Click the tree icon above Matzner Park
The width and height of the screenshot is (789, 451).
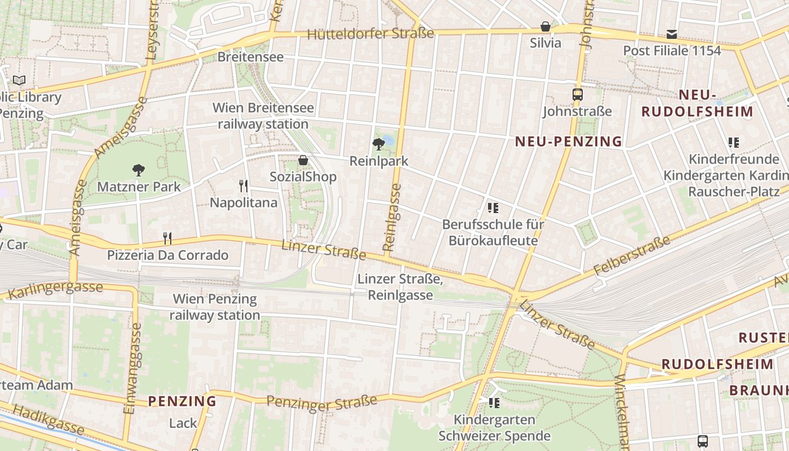click(x=138, y=170)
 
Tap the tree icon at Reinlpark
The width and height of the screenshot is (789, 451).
click(x=379, y=144)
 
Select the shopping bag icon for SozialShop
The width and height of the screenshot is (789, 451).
click(x=303, y=160)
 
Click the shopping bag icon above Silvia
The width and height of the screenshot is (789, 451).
click(x=546, y=26)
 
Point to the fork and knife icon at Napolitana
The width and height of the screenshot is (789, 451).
click(x=243, y=185)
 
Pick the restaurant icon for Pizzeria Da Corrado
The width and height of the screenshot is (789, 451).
click(x=167, y=238)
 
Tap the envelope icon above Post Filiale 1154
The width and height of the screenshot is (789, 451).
click(x=672, y=34)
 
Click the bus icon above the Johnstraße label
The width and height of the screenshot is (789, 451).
click(x=577, y=95)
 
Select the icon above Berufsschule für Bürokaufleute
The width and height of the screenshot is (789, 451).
click(x=493, y=208)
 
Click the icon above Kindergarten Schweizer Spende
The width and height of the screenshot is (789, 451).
click(x=494, y=403)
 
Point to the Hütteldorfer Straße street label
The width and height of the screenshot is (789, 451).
click(x=370, y=34)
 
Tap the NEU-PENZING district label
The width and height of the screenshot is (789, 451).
click(x=569, y=142)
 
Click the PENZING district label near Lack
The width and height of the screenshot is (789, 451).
click(x=182, y=401)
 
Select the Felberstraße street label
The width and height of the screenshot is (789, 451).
click(x=632, y=256)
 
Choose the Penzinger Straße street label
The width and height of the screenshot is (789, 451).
click(x=322, y=401)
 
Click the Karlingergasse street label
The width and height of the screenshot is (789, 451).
click(x=56, y=290)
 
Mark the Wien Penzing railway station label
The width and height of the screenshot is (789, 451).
click(x=215, y=307)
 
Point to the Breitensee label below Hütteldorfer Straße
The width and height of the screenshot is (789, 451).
click(x=250, y=57)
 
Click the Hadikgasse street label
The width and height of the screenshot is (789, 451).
click(x=48, y=421)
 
